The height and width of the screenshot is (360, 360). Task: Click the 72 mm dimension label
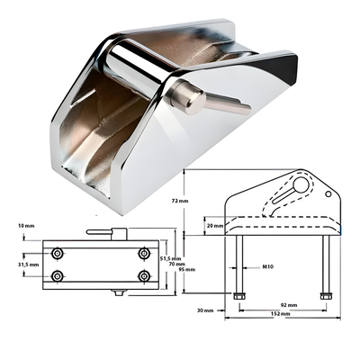click(x=180, y=201)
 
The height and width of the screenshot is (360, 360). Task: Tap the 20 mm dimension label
click(x=215, y=225)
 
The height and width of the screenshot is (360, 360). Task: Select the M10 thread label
click(x=267, y=266)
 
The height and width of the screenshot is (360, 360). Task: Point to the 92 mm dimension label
click(x=289, y=305)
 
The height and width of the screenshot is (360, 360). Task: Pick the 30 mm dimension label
click(x=205, y=310)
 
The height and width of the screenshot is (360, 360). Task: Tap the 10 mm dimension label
click(x=26, y=226)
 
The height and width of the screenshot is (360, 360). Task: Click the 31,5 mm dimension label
click(x=29, y=265)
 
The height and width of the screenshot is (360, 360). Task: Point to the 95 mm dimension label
click(x=187, y=269)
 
